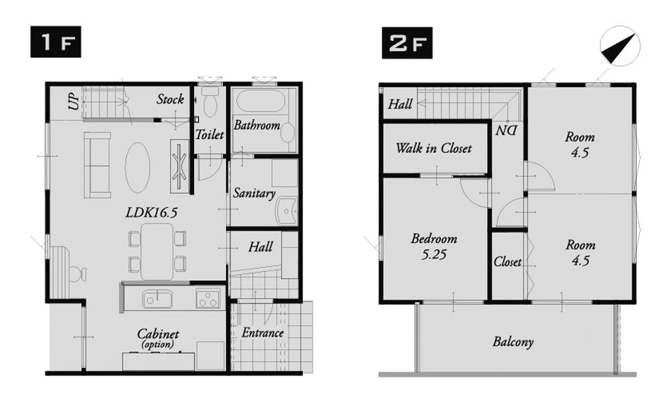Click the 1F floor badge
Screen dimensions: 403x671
point(55,43)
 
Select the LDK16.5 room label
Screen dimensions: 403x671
point(151,212)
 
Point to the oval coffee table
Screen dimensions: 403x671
point(138,166)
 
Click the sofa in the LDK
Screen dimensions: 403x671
point(97,165)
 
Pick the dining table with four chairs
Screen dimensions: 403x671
point(157,251)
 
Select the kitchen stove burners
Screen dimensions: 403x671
point(209,298)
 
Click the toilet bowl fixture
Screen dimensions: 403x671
point(210,104)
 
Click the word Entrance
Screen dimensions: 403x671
point(262,333)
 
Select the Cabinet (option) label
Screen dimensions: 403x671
point(158,338)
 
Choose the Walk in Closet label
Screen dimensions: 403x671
point(433,148)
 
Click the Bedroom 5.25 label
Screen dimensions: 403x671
point(433,247)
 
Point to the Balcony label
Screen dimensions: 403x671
point(513,342)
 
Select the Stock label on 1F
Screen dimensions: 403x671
point(170,99)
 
